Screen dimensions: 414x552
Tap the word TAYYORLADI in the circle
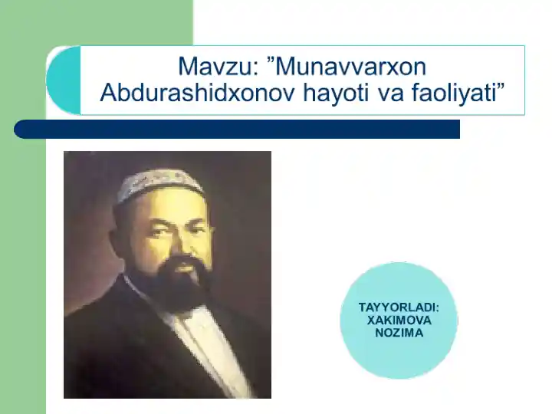tap(399, 307)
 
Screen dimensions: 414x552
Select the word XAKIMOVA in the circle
tap(399, 320)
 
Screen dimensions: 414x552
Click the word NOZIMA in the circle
tap(399, 333)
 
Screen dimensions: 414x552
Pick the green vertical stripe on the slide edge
tap(23, 230)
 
